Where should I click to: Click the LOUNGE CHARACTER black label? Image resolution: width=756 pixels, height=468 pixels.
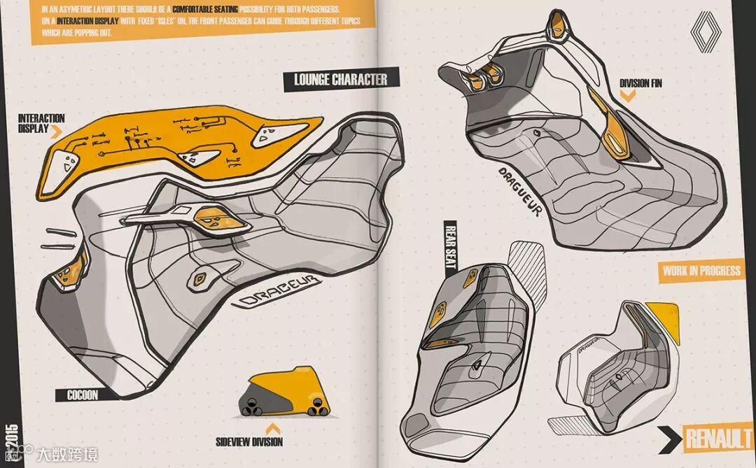(x=341, y=78)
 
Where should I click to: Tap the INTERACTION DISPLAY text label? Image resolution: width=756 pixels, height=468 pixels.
(x=41, y=123)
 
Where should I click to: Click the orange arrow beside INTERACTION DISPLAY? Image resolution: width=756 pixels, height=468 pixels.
(x=57, y=130)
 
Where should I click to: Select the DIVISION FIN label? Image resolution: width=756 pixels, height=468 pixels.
(x=640, y=83)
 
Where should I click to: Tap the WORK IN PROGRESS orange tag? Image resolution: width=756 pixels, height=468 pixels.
(x=701, y=270)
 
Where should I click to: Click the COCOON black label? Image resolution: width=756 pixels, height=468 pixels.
(x=82, y=395)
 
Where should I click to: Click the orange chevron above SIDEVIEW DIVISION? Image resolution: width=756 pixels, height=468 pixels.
(x=271, y=426)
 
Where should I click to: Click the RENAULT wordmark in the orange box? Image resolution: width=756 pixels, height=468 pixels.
(x=718, y=439)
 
